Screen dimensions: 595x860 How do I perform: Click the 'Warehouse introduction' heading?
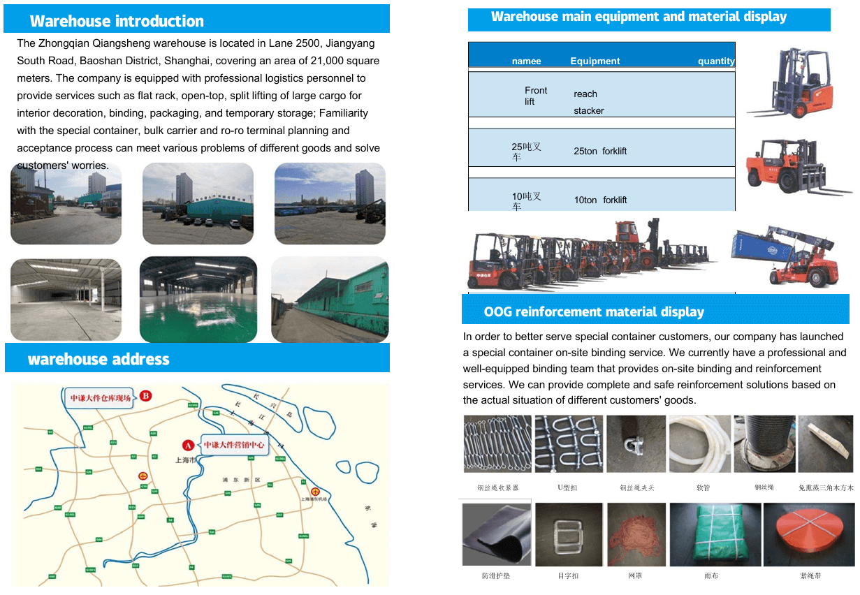click(x=117, y=21)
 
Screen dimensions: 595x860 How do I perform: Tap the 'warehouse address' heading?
click(x=99, y=360)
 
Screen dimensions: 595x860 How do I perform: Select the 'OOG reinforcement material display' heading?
click(x=594, y=311)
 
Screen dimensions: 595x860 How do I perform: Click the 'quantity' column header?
click(x=716, y=61)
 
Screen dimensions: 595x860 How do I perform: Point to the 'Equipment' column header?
click(x=595, y=61)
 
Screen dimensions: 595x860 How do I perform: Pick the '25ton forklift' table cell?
click(x=600, y=152)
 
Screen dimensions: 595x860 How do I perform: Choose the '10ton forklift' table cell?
click(x=600, y=200)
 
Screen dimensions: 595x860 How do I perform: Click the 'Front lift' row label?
click(x=536, y=96)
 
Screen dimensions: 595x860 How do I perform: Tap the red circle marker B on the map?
click(x=146, y=396)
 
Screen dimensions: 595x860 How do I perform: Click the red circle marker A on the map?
click(x=187, y=445)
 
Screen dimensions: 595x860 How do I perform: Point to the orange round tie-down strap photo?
click(x=810, y=534)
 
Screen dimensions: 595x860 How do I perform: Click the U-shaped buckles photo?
click(x=568, y=444)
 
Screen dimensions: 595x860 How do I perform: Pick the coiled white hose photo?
click(x=699, y=444)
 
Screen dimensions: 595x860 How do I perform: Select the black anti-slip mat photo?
click(x=495, y=534)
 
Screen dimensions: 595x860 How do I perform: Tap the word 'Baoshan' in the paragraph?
click(x=100, y=61)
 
